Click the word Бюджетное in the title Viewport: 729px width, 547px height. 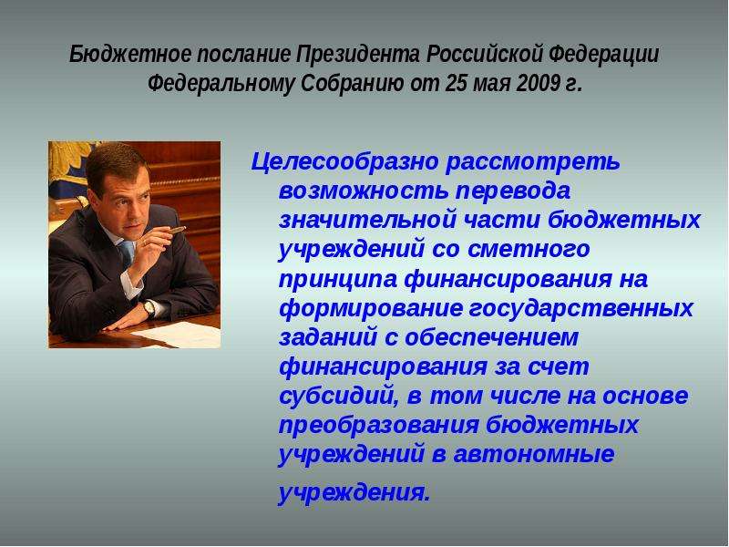[130, 55]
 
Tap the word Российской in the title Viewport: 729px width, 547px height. [485, 55]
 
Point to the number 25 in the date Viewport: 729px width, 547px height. [454, 84]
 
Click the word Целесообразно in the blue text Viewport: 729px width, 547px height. [345, 162]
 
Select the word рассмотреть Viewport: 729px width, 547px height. [533, 162]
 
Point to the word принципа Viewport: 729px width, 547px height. [338, 280]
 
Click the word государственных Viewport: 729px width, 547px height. [580, 309]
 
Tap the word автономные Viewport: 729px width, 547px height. [534, 454]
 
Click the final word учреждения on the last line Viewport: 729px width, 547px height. [354, 493]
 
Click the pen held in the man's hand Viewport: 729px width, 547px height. [176, 230]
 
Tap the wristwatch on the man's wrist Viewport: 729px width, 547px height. [149, 307]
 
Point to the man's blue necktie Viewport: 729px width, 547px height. [127, 253]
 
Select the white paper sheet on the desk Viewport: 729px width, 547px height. [179, 334]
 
